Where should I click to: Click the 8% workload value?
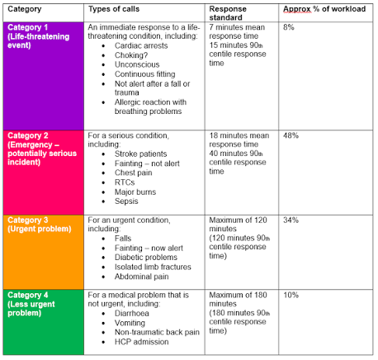[289, 27]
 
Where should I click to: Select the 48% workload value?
[291, 135]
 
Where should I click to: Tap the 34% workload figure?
[291, 220]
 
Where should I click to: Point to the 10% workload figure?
[291, 295]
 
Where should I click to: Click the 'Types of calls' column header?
[114, 9]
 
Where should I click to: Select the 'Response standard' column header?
[228, 13]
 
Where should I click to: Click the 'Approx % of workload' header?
[324, 9]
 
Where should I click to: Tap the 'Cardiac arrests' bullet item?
[141, 45]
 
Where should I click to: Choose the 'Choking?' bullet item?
[131, 55]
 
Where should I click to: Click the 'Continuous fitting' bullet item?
[145, 74]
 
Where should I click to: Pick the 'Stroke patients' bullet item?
[140, 154]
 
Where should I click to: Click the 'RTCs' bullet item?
[125, 182]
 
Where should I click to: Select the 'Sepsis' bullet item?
[126, 201]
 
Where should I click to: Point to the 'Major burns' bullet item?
[135, 192]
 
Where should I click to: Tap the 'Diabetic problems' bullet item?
[146, 258]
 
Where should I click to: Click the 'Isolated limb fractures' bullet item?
[153, 267]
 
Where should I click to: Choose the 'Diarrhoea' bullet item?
[132, 314]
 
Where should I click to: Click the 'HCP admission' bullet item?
[142, 342]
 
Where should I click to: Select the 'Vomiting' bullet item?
[130, 323]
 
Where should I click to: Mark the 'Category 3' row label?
[28, 220]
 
